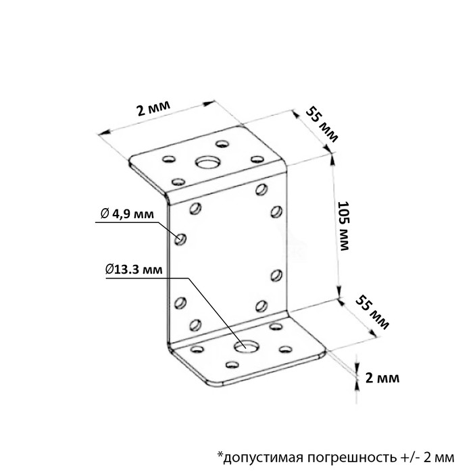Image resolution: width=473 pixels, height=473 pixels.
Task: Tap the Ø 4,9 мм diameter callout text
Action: (126, 214)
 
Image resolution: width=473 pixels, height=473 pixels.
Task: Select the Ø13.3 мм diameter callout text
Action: (134, 270)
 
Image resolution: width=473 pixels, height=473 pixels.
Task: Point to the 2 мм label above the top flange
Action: (152, 109)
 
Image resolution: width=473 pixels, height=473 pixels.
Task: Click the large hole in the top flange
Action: (207, 162)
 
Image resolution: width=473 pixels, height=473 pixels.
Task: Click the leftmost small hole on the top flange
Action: (166, 160)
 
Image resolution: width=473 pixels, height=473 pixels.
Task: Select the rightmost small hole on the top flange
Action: (256, 159)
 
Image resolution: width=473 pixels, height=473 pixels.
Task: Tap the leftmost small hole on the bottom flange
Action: (197, 349)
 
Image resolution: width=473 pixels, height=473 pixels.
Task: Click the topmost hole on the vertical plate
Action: (262, 188)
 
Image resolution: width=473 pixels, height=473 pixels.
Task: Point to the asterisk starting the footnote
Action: (220, 452)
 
